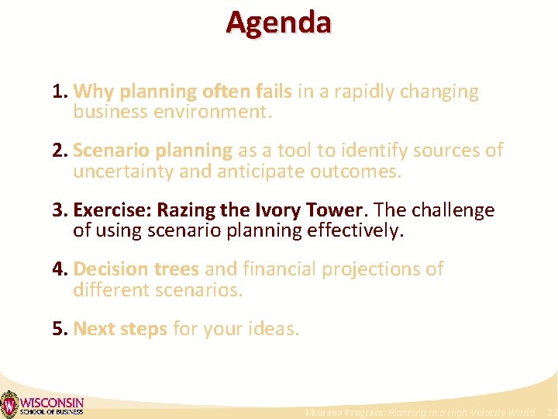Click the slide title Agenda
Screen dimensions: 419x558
278,22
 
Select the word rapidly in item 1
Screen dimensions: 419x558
357,92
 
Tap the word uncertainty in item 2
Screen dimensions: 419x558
123,171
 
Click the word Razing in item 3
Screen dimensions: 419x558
185,210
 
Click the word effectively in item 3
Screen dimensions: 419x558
356,230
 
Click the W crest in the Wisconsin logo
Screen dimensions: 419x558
9,404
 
